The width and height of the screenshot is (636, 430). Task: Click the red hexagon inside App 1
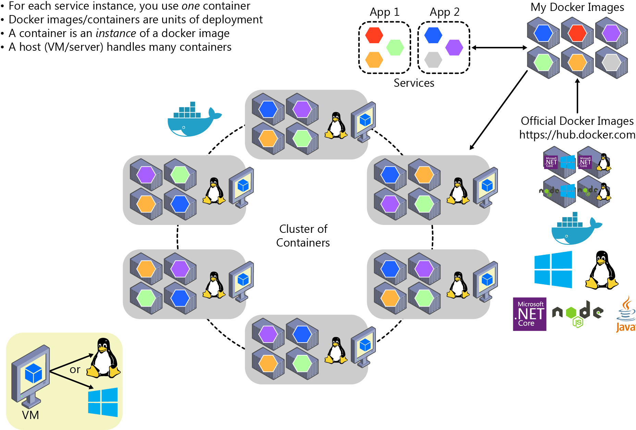click(374, 35)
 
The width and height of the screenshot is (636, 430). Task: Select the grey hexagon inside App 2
click(433, 60)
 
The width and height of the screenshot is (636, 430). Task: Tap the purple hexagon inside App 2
click(454, 47)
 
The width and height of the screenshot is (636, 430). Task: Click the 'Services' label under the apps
click(414, 83)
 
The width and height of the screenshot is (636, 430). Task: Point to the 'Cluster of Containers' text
click(303, 236)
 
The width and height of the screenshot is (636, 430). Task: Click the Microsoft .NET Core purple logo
click(529, 314)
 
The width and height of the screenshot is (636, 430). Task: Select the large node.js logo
click(578, 313)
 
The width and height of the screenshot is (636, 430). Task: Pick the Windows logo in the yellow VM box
click(103, 402)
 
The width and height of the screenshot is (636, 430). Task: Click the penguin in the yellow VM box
click(103, 358)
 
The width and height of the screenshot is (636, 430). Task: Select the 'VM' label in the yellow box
click(30, 415)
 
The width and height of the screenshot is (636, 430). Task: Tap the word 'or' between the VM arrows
click(75, 370)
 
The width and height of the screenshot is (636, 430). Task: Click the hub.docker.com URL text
click(577, 135)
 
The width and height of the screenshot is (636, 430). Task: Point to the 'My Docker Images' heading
click(577, 7)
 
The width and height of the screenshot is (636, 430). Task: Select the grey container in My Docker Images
click(611, 63)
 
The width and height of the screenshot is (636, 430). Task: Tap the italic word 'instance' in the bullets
click(116, 33)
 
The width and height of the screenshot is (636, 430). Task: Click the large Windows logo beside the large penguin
click(553, 270)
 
